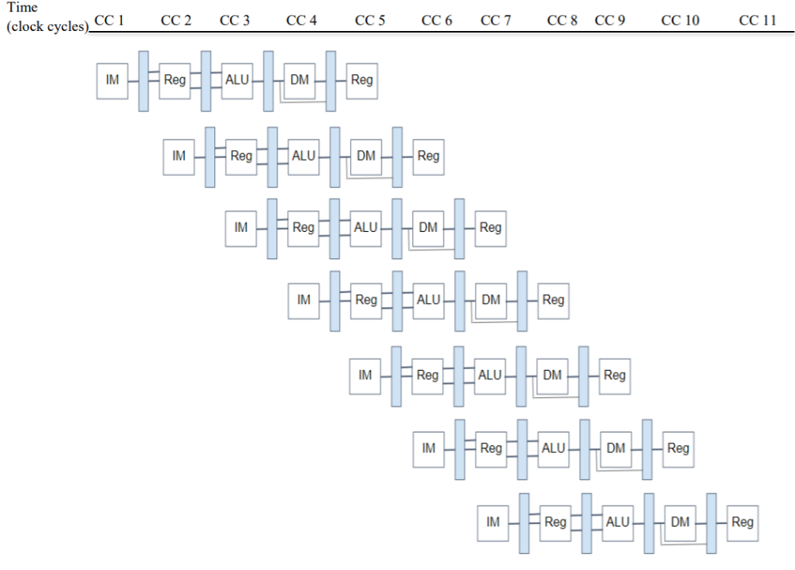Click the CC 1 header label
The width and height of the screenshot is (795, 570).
[109, 21]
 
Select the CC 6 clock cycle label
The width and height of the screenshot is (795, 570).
[436, 21]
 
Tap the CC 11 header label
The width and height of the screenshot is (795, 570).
[758, 21]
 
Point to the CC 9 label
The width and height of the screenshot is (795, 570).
[609, 21]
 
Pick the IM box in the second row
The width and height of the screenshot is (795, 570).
[179, 156]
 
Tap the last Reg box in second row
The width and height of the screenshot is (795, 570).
[429, 156]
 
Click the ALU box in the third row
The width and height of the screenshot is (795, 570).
[366, 228]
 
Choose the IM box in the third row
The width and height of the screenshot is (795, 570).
[241, 228]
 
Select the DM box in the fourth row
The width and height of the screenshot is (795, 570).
[491, 300]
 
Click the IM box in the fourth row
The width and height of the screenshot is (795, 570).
[304, 300]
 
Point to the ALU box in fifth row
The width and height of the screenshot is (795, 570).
[490, 375]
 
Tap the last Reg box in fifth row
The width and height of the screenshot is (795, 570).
[615, 375]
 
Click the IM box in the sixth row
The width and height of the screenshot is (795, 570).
[429, 448]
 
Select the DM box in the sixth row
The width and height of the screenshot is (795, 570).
[616, 448]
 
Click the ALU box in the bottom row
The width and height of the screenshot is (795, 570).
[617, 523]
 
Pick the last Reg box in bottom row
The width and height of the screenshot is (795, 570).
[742, 523]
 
